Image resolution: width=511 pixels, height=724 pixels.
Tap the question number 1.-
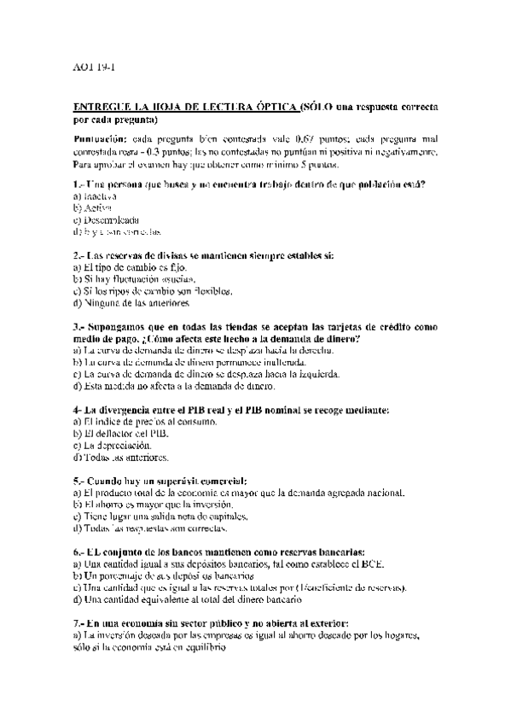[78, 185]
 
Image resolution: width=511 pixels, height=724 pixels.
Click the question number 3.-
[78, 327]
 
